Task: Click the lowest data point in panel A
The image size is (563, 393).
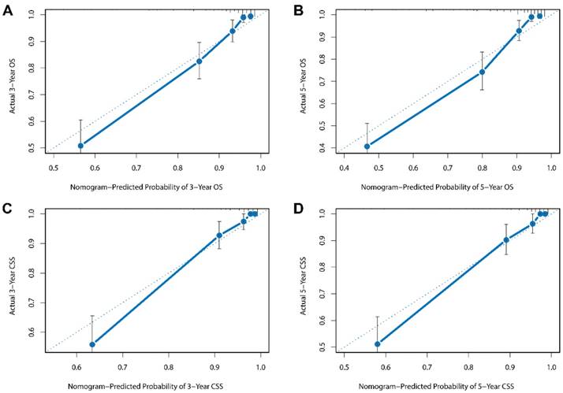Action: [x=80, y=146]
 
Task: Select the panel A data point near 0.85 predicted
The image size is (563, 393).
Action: [x=199, y=61]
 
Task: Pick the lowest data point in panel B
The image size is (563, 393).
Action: [x=367, y=146]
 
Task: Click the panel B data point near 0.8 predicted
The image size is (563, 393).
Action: [x=482, y=72]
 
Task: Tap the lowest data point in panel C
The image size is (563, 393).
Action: [x=92, y=344]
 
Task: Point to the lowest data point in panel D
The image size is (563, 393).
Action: [x=377, y=344]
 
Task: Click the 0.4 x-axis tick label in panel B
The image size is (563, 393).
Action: [x=344, y=167]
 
